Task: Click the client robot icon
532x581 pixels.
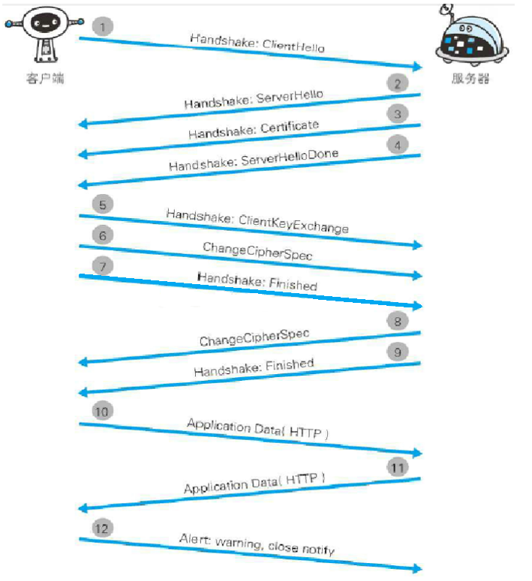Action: click(44, 34)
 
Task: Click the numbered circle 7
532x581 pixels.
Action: click(104, 266)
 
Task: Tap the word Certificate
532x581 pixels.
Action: click(290, 127)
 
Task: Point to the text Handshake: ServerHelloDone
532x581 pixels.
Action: click(253, 159)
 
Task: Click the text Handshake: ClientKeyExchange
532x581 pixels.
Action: click(257, 220)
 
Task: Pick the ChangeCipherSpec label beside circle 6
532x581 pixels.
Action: click(257, 250)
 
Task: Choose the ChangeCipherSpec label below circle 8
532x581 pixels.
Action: click(254, 337)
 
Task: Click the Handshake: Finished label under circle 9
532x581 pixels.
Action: click(254, 367)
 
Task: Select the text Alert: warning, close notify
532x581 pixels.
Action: click(257, 544)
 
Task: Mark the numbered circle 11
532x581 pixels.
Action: click(398, 467)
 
